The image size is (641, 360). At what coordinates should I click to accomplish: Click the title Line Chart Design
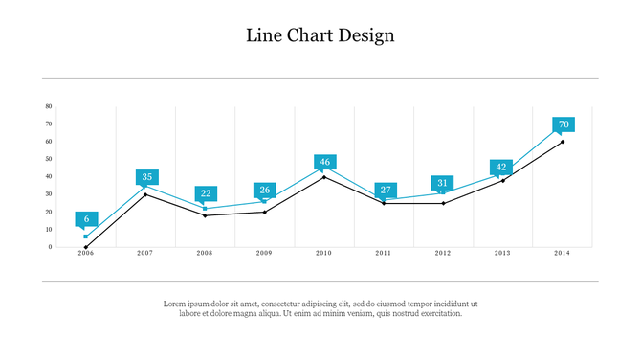(320, 35)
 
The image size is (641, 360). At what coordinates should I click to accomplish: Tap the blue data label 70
(564, 124)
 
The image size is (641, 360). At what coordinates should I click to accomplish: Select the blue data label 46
(324, 162)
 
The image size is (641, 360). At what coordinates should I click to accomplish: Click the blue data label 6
(86, 219)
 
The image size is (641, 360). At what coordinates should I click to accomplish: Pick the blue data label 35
(146, 177)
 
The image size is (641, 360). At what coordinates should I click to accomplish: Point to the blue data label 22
(206, 193)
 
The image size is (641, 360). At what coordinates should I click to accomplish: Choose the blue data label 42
(501, 167)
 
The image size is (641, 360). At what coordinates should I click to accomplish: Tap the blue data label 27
(385, 190)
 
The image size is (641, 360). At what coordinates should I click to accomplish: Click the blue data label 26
(265, 190)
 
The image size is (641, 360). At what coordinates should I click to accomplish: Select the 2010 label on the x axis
(323, 253)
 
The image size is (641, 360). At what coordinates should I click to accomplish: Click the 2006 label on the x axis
(86, 253)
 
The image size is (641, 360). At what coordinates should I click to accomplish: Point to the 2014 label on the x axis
(562, 253)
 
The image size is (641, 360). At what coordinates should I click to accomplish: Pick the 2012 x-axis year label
(442, 253)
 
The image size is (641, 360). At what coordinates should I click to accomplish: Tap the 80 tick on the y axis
(49, 107)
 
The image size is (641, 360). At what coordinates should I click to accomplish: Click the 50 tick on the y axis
(49, 159)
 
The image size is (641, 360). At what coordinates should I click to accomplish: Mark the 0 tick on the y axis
(50, 247)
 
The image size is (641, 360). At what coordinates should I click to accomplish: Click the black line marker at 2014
(563, 142)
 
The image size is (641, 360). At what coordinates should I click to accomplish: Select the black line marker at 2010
(324, 177)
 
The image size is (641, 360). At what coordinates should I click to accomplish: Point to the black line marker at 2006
(86, 247)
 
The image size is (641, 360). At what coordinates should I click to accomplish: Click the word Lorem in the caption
(174, 304)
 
